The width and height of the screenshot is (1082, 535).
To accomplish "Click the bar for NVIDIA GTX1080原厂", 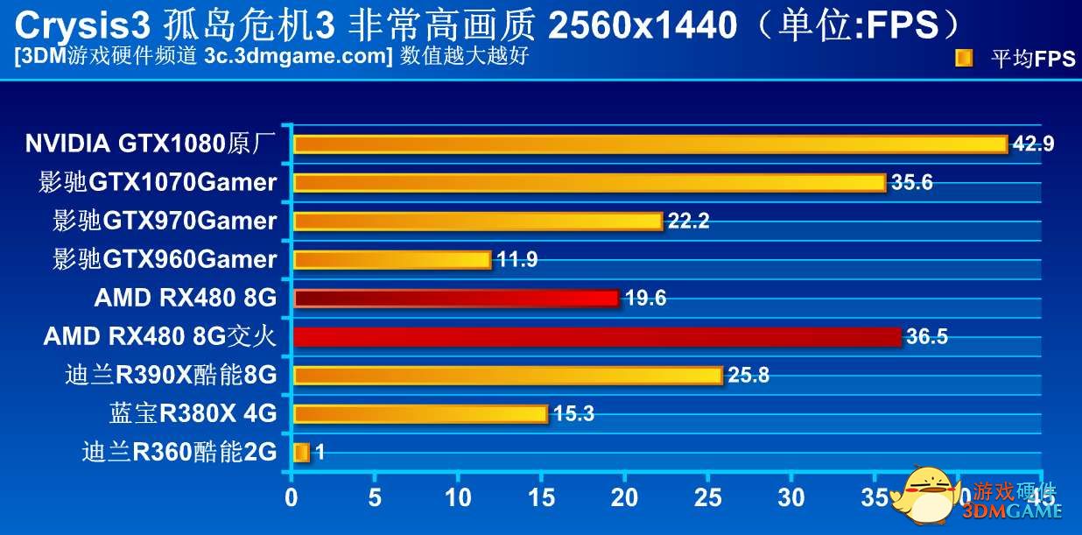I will click(x=650, y=144).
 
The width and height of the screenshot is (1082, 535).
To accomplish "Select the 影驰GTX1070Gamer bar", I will click(x=589, y=182).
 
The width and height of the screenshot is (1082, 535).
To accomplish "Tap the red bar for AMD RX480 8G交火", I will click(x=597, y=337).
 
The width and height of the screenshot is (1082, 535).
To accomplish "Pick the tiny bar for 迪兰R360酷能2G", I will click(x=301, y=453).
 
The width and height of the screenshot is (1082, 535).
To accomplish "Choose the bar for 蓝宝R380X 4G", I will click(x=420, y=414).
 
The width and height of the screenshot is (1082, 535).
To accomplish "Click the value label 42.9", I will click(x=1033, y=144).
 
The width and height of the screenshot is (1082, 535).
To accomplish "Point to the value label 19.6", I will click(x=645, y=299).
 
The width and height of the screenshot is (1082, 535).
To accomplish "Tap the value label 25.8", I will click(x=748, y=376).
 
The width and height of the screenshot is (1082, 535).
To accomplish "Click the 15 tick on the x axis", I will click(x=541, y=497).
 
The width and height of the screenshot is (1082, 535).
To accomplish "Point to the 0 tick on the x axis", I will click(x=292, y=497).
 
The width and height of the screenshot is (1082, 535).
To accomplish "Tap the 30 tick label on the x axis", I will click(x=790, y=497).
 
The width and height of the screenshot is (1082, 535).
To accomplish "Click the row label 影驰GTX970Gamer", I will click(x=165, y=222).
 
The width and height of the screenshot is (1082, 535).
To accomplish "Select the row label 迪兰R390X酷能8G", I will click(x=171, y=376).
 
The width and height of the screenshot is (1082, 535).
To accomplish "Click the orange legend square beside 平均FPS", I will click(x=964, y=59).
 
